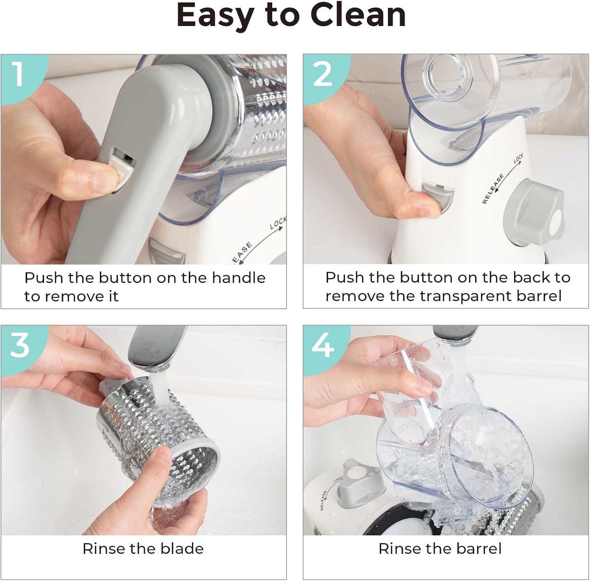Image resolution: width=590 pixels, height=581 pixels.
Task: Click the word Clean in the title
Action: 358,15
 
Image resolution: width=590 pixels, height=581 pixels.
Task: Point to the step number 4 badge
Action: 322,345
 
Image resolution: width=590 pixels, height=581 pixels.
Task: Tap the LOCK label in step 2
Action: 518,159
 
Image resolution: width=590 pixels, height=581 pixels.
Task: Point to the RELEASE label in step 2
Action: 493,189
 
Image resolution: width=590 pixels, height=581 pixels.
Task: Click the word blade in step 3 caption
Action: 183,548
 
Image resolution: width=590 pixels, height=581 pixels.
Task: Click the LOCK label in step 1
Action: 278,223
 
